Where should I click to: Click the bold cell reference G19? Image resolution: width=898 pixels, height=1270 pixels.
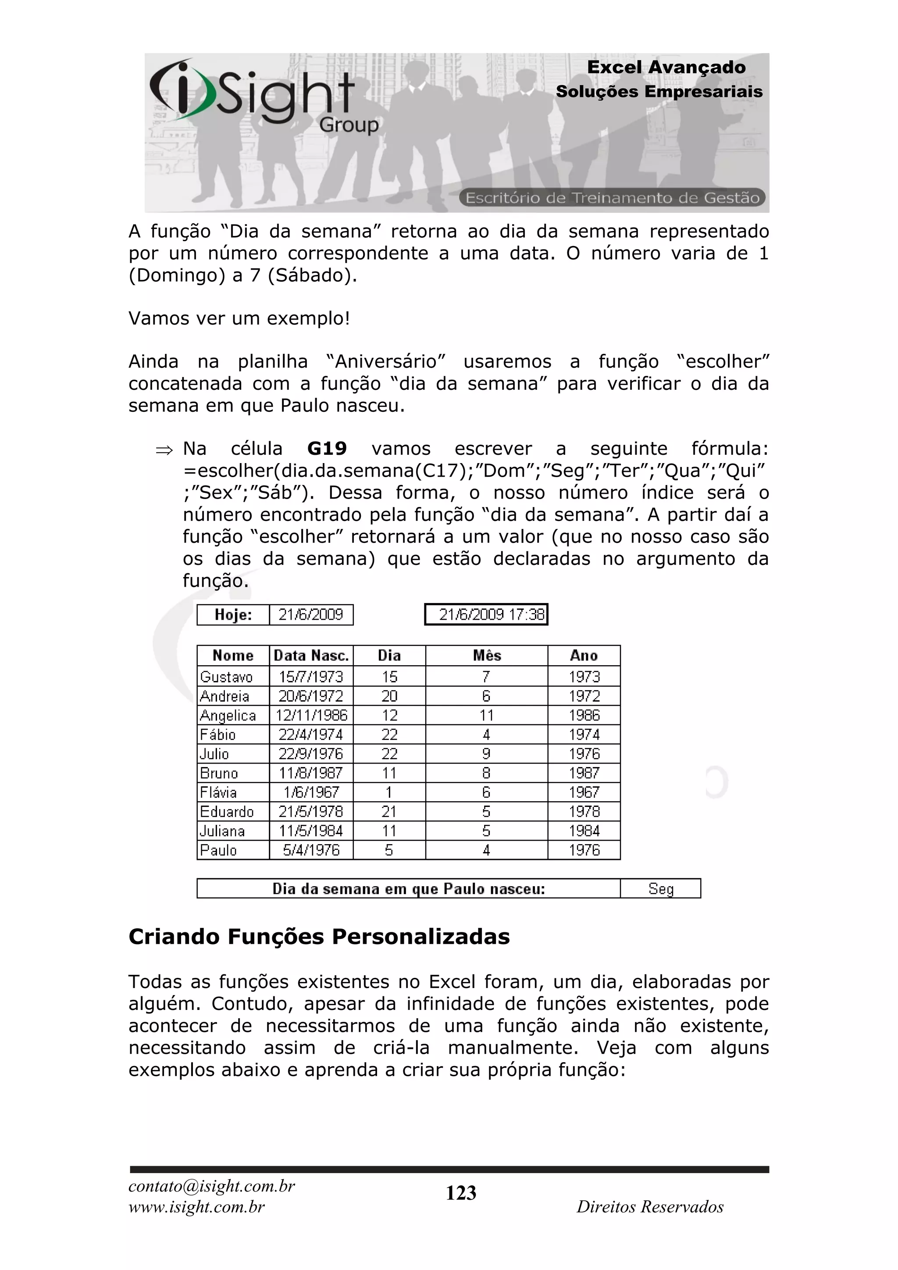(327, 449)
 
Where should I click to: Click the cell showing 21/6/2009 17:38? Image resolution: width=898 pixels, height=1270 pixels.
(486, 614)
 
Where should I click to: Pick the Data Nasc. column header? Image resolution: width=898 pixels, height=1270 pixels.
(311, 656)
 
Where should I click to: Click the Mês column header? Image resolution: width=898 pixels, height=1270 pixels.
(487, 656)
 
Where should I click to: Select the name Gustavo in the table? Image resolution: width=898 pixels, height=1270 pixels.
(227, 677)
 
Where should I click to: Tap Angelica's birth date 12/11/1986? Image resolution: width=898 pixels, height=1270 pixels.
(311, 715)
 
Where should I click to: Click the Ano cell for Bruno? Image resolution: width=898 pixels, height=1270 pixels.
(584, 773)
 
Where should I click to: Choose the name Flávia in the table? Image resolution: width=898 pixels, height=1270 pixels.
(218, 792)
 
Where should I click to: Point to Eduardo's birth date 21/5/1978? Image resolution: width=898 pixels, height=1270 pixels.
(311, 811)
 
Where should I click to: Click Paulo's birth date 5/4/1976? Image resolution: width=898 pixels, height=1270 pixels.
(311, 850)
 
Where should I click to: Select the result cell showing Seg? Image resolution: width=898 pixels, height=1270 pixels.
(661, 889)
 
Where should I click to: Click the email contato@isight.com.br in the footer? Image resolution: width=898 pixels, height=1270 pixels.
(212, 1186)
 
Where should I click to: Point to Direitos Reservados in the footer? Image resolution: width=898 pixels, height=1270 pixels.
(650, 1207)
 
